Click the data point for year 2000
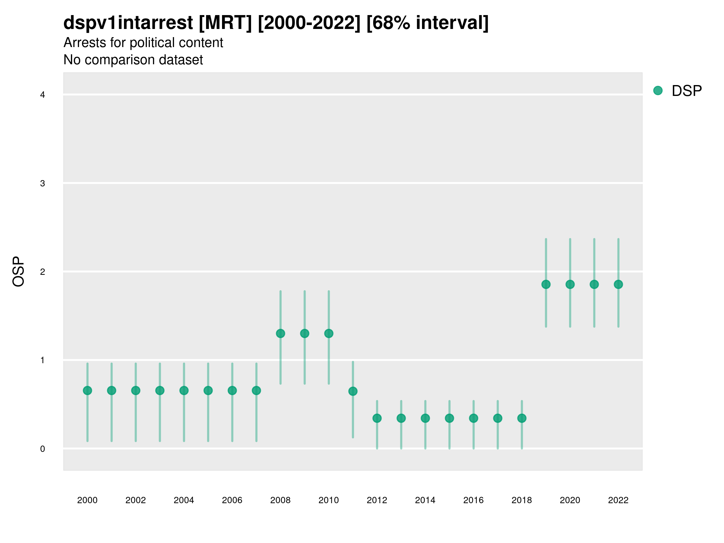point(87,390)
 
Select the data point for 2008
point(281,334)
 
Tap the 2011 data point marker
point(353,391)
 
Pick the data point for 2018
point(522,418)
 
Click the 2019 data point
point(546,284)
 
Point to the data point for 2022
point(618,284)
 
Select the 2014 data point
point(425,418)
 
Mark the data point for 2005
point(208,390)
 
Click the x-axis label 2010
point(329,500)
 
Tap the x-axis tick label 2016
point(473,500)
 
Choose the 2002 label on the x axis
point(135,500)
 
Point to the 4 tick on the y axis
point(43,95)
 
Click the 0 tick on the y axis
point(43,449)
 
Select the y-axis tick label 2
point(43,272)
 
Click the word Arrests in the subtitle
point(85,43)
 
